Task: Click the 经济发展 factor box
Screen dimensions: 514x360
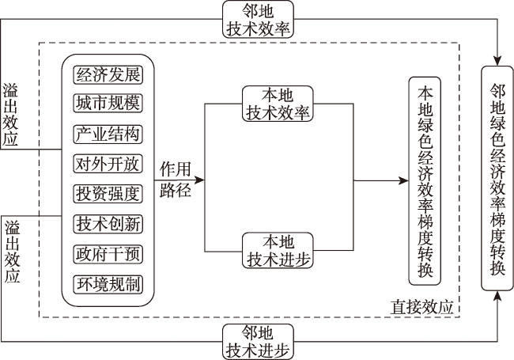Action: [x=108, y=75]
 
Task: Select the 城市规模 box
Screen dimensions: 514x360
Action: [x=108, y=104]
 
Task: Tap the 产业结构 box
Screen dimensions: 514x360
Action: [x=108, y=134]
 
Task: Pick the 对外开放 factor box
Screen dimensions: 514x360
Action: [x=108, y=163]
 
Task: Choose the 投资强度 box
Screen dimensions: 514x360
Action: [x=108, y=193]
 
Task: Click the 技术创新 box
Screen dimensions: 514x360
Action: [x=108, y=224]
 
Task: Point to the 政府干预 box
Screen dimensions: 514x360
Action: [x=108, y=254]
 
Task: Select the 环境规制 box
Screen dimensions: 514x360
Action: [x=108, y=284]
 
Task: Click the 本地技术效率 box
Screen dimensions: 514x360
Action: [x=278, y=104]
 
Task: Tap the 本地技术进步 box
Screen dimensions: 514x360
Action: [x=278, y=251]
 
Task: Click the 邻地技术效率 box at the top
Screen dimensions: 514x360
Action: [x=258, y=19]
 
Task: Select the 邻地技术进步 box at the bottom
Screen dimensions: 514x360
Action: [x=258, y=342]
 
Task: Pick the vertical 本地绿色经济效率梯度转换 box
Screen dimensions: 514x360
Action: [x=425, y=181]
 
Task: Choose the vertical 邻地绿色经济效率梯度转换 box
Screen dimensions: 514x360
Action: [x=497, y=178]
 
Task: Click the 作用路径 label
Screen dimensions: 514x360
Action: [x=175, y=180]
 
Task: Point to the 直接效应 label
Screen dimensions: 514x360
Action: [x=422, y=307]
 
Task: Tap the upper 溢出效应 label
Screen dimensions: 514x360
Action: [x=9, y=114]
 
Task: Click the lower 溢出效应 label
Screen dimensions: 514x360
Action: [x=12, y=252]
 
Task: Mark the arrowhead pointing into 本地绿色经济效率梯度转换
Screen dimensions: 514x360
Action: [x=403, y=180]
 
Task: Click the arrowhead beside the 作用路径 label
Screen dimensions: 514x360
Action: [x=199, y=180]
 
